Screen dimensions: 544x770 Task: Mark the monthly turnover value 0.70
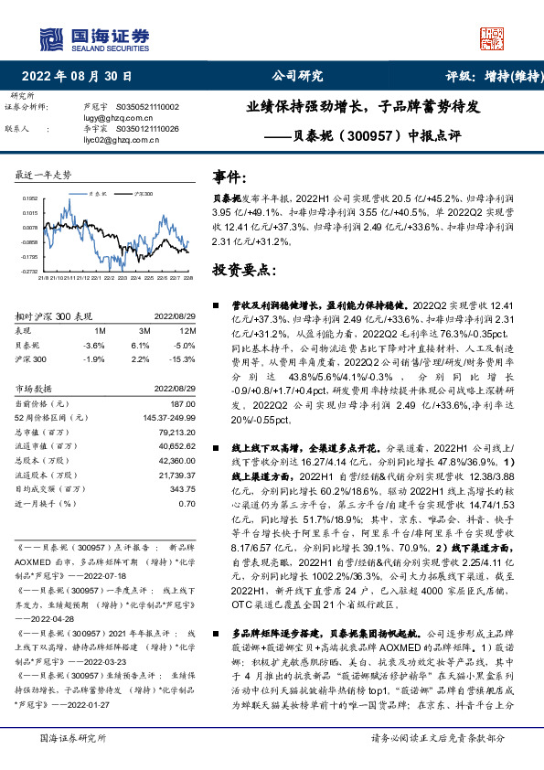187,503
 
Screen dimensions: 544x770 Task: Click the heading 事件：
230,176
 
